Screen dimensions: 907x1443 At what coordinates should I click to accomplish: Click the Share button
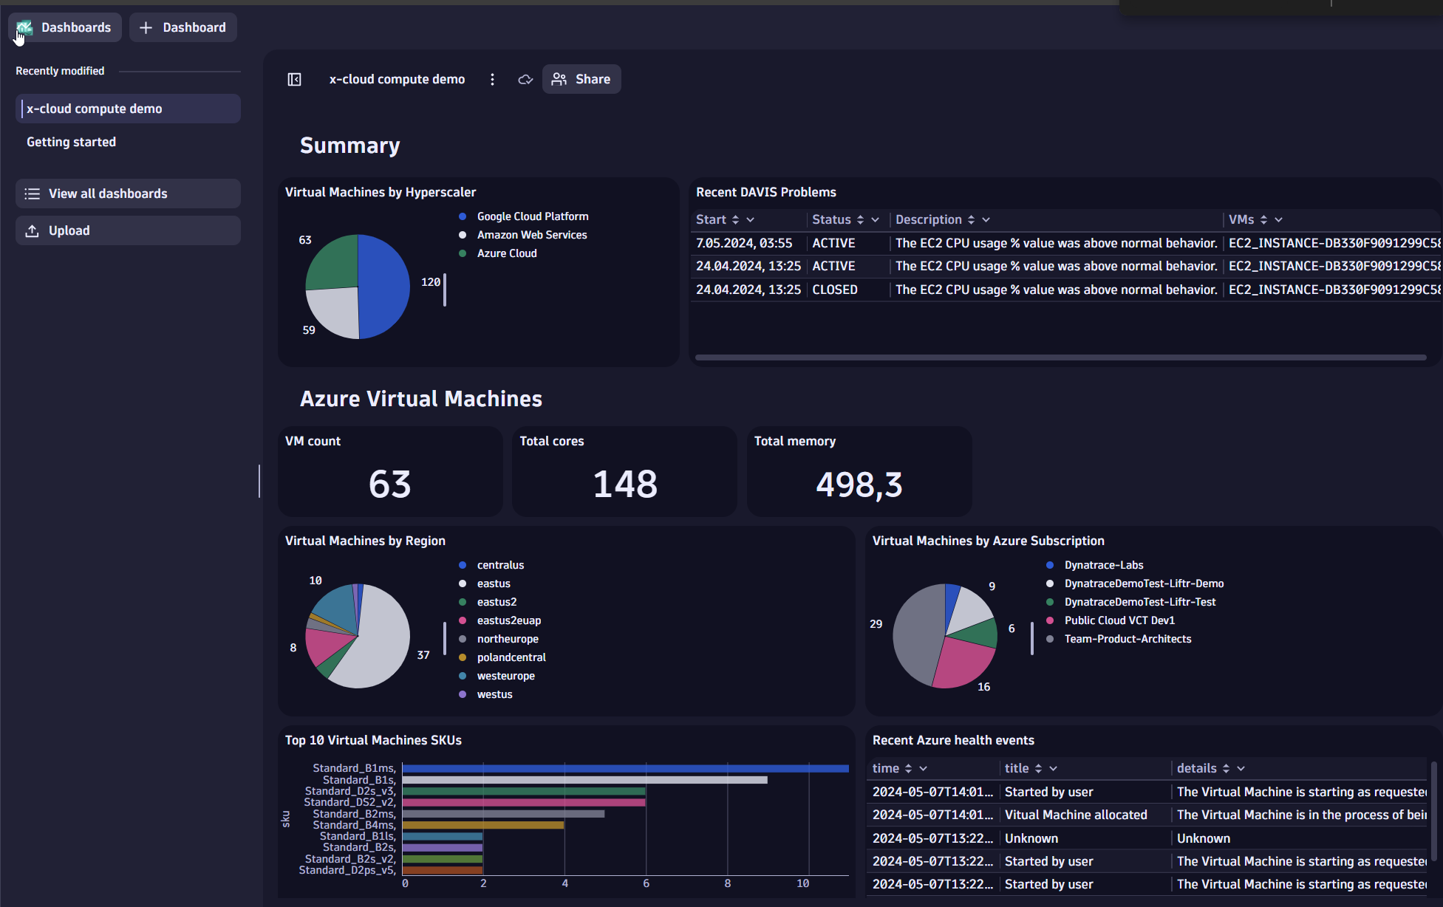(581, 79)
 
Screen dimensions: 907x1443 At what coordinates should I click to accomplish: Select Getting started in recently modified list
(72, 142)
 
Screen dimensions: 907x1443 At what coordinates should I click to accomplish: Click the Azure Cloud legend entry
(507, 253)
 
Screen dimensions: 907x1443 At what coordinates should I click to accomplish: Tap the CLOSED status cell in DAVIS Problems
(835, 290)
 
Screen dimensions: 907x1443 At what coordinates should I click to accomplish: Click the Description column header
(929, 219)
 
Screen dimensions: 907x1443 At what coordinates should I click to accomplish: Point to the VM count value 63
(389, 485)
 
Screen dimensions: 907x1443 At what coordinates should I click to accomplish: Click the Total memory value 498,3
(859, 485)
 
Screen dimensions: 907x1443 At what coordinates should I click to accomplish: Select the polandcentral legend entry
(511, 657)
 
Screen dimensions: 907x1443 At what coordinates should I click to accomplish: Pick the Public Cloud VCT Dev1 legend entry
(1119, 620)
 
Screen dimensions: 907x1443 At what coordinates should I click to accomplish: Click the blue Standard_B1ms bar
(625, 769)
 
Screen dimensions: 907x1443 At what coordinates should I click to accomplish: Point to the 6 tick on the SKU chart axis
(646, 883)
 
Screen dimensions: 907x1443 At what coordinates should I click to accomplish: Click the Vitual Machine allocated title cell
(1076, 815)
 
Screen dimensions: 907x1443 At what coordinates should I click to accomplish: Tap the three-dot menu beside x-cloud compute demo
(492, 79)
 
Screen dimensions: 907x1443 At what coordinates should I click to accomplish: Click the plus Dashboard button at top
(183, 27)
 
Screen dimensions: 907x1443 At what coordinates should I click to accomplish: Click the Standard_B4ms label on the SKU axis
(354, 825)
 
